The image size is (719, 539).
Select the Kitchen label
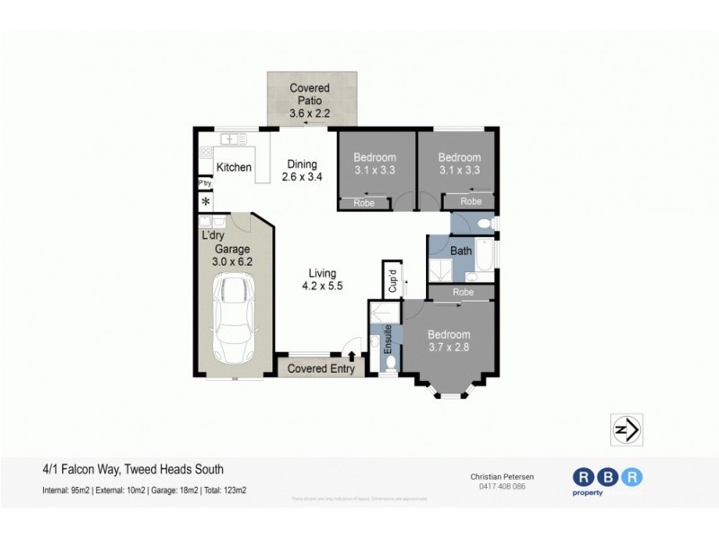[x=234, y=167]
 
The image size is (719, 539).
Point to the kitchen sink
[x=234, y=139]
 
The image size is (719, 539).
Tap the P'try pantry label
[x=205, y=184]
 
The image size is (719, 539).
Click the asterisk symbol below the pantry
[x=205, y=200]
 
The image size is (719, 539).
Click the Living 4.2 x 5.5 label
[x=322, y=279]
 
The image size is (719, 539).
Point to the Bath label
[x=461, y=251]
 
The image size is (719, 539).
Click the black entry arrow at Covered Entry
[x=351, y=357]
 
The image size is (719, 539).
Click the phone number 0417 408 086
[x=497, y=486]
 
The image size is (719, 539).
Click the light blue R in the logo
[x=634, y=477]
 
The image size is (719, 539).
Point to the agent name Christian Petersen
[x=497, y=476]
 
